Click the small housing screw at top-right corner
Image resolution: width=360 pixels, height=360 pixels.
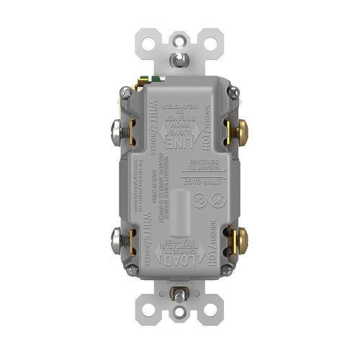coord(232,91)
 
